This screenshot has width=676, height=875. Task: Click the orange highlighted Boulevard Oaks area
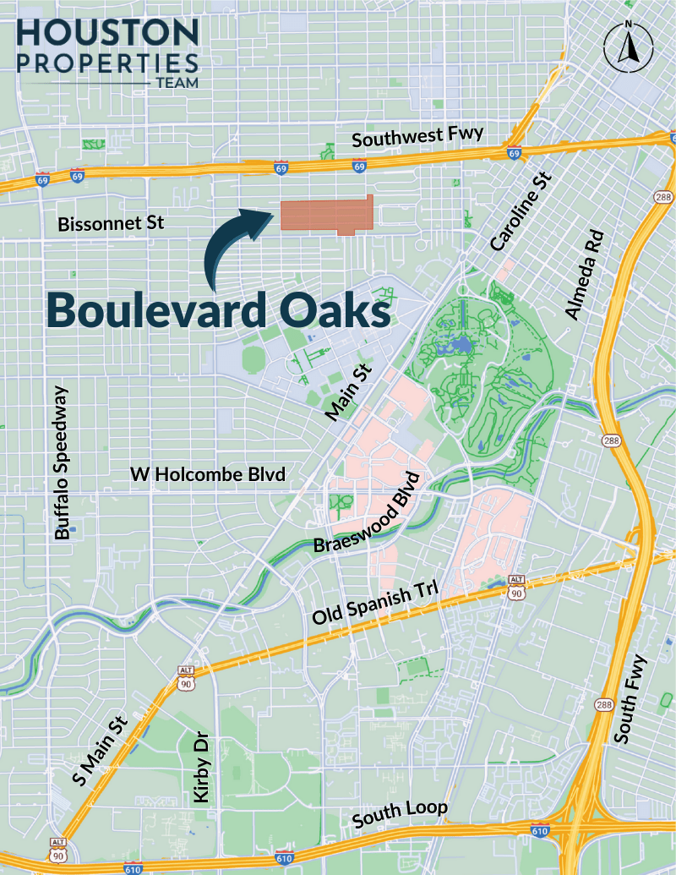326,216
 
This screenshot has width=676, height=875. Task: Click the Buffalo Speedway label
65,462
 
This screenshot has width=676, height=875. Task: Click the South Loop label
400,813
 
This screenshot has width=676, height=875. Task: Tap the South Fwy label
632,699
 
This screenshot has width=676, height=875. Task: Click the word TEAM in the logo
177,85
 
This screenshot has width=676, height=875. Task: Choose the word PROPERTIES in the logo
107,63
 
